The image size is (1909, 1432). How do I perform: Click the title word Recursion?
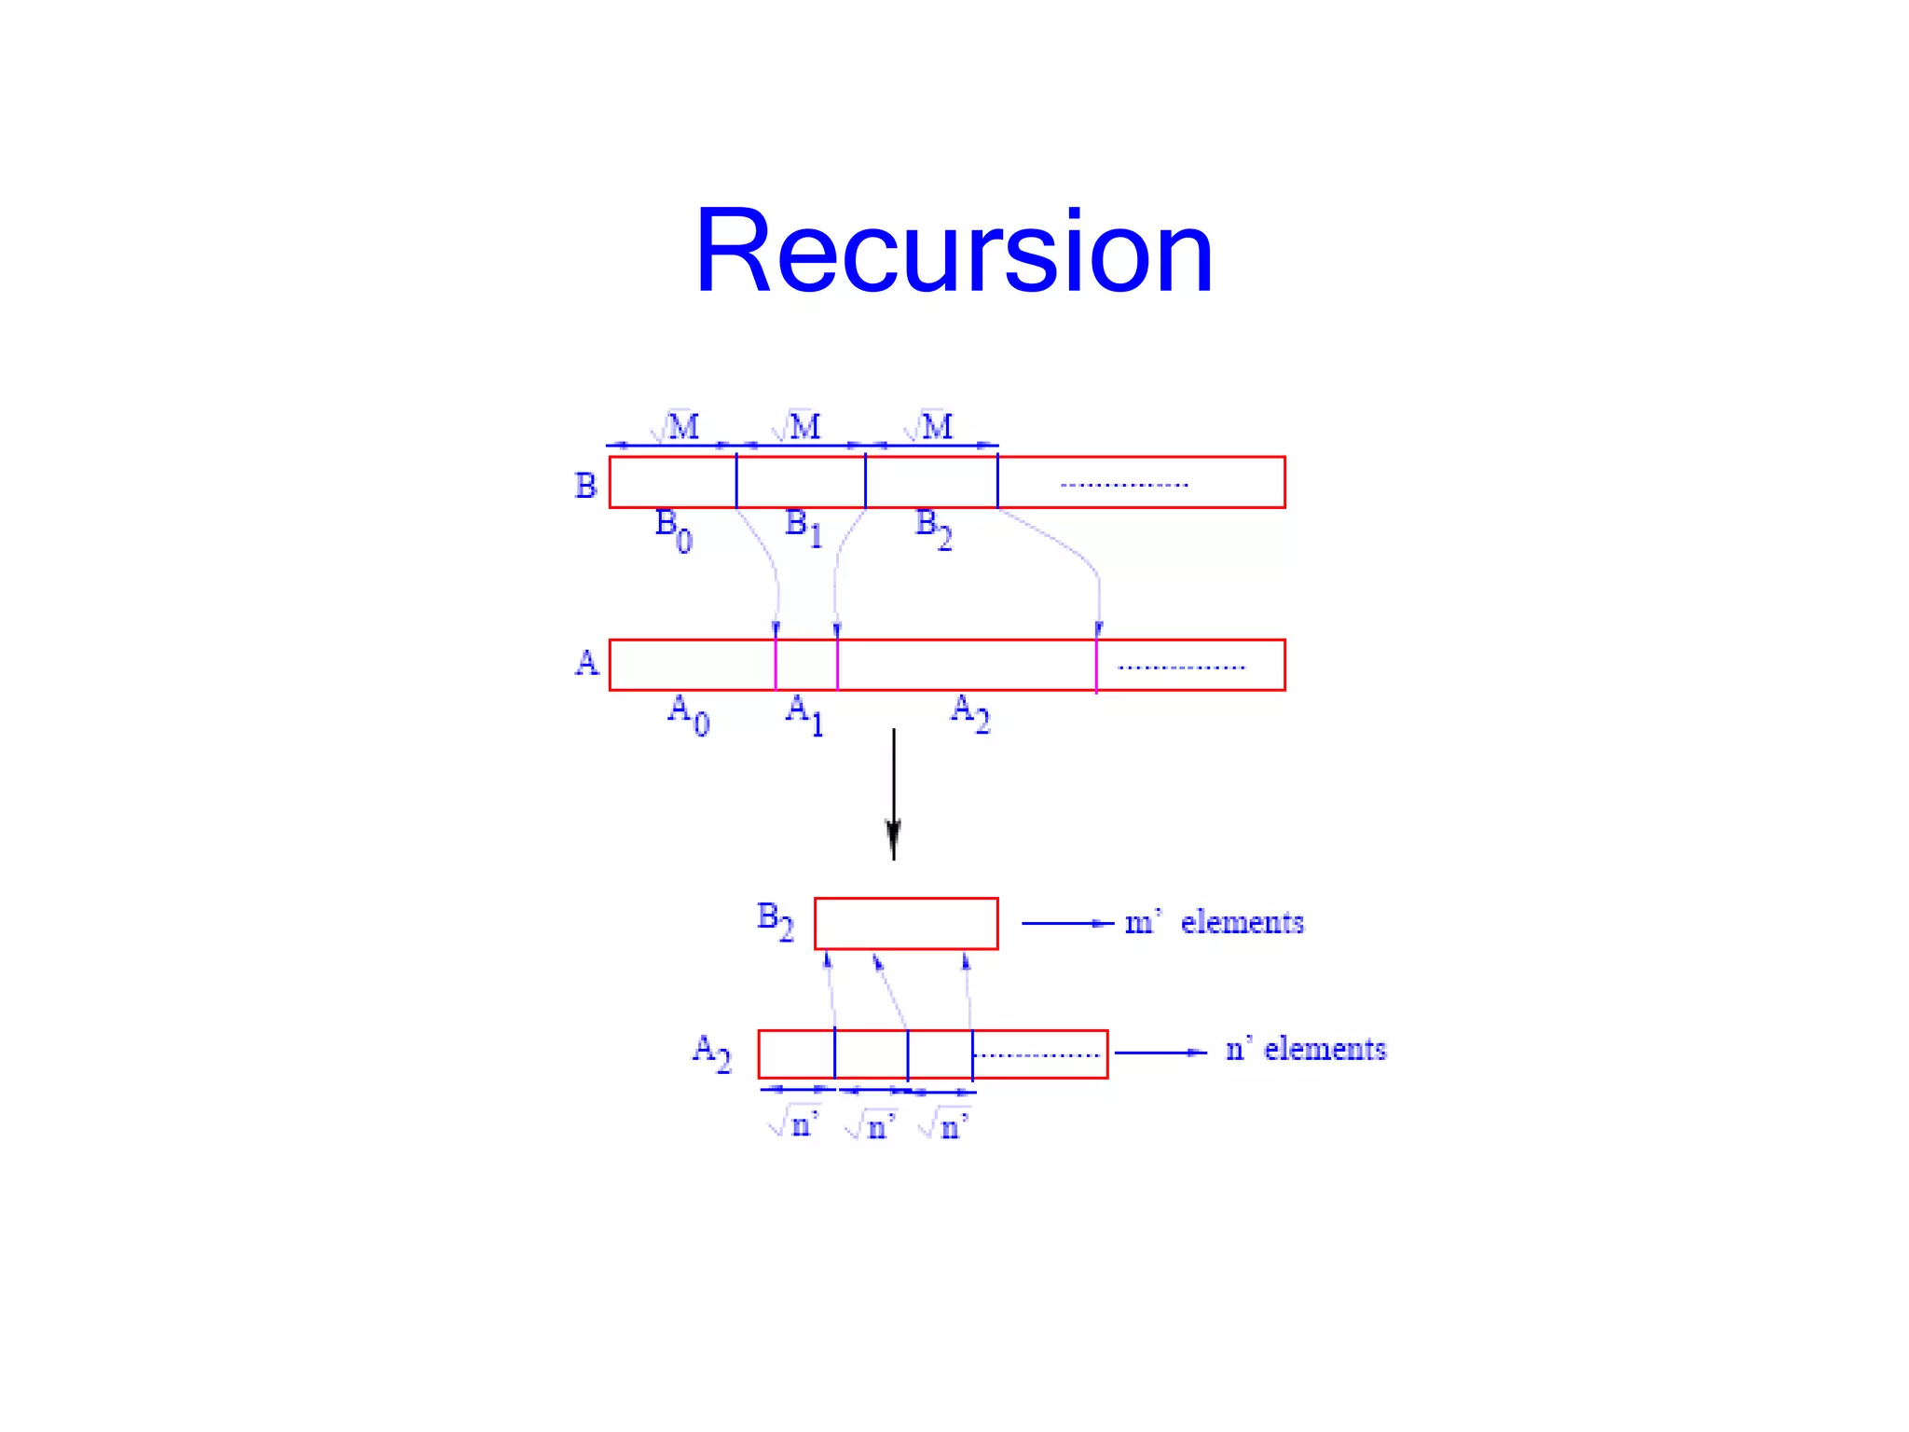tap(954, 252)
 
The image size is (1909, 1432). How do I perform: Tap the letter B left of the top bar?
tap(585, 486)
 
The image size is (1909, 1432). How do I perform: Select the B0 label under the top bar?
tap(673, 530)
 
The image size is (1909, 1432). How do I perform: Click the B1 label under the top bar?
tap(803, 528)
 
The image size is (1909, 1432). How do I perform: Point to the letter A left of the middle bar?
tap(586, 663)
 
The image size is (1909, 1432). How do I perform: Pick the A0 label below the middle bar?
tap(688, 714)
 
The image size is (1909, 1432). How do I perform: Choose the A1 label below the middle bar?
tap(804, 714)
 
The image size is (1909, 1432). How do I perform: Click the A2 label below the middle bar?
tap(969, 713)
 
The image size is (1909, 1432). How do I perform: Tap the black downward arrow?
tap(894, 793)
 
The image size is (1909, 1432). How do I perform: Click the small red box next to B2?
tap(906, 923)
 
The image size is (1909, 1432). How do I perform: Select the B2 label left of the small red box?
tap(775, 920)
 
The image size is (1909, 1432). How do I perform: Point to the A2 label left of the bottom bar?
tap(711, 1053)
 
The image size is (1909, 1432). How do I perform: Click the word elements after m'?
tap(1242, 922)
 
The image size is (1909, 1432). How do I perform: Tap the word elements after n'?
tap(1325, 1050)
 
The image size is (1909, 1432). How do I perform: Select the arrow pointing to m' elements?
tap(1067, 923)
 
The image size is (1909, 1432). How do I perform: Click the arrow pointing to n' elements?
tap(1161, 1053)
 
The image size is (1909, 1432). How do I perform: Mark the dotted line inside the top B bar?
tap(1124, 485)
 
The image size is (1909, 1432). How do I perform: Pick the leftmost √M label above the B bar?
tap(675, 427)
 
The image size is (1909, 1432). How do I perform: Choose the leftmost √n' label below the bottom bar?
tap(793, 1124)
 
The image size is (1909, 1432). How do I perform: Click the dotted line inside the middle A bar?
tap(1181, 668)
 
